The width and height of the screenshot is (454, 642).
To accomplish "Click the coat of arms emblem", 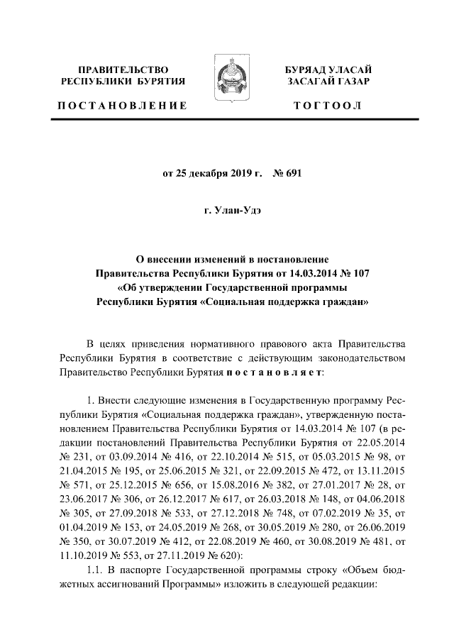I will tap(226, 84).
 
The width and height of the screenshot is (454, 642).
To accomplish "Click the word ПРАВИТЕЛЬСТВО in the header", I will tap(123, 70).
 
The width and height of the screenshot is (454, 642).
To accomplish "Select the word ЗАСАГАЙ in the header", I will tap(311, 82).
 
